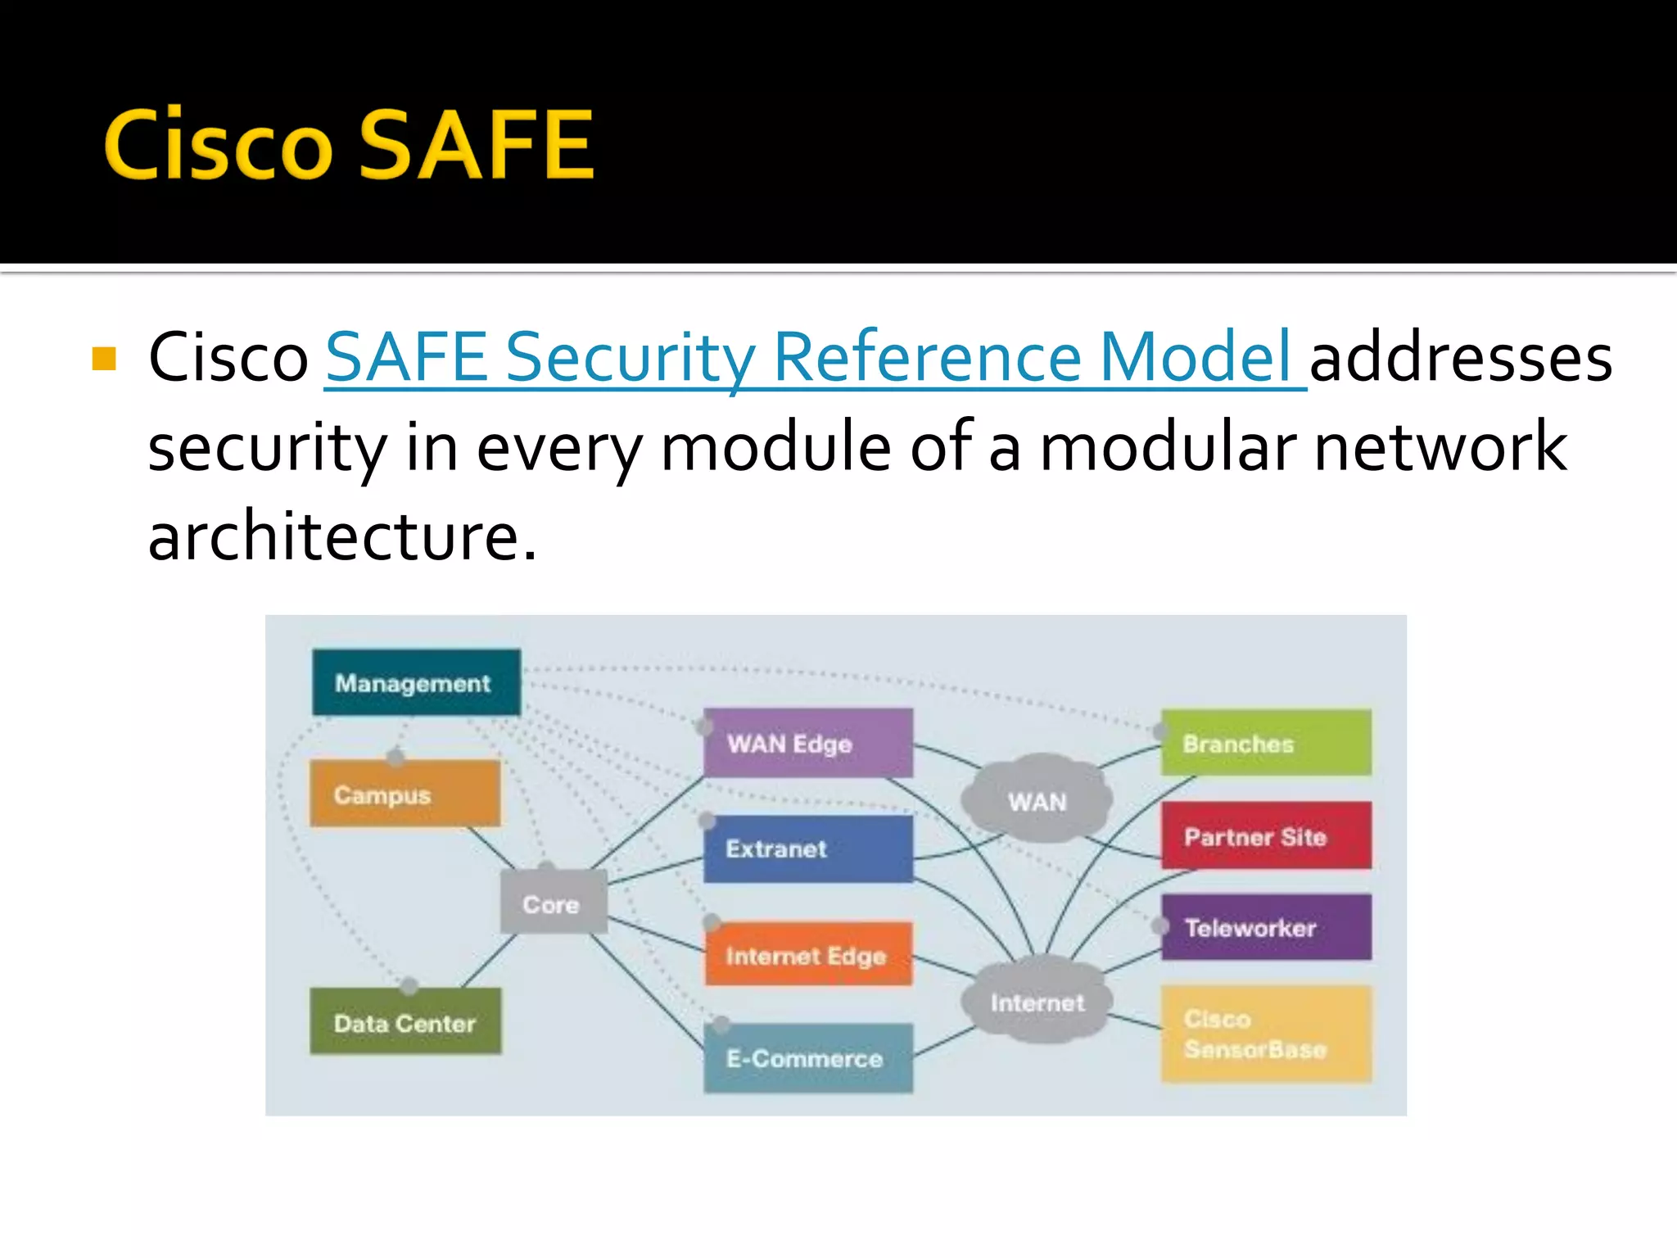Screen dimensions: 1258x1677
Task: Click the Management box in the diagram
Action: coord(416,682)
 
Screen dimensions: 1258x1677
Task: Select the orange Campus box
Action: coord(405,794)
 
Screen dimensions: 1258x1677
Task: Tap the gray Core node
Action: coord(554,903)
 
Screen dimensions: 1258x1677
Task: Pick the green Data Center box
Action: coord(405,1022)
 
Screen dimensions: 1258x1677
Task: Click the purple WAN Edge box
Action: coord(807,743)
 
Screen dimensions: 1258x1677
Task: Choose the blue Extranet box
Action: coord(807,848)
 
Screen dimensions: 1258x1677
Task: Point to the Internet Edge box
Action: coord(807,954)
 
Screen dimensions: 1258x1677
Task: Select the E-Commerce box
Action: coord(807,1058)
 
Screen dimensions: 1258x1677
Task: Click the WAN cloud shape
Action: coord(1037,800)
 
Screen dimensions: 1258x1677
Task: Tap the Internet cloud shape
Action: coord(1037,1002)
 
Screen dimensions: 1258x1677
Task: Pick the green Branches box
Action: coord(1266,743)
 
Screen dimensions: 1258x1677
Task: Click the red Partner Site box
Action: coord(1266,836)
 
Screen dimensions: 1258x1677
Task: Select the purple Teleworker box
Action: coord(1266,927)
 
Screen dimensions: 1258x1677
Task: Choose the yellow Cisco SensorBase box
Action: coord(1266,1034)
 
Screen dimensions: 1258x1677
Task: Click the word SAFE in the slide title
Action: coord(476,145)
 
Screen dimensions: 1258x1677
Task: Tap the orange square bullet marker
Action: coord(104,359)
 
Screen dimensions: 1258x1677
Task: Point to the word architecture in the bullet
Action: coord(341,536)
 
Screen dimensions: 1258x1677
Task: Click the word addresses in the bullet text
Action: coord(1461,358)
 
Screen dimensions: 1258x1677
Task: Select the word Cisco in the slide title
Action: coord(218,145)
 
